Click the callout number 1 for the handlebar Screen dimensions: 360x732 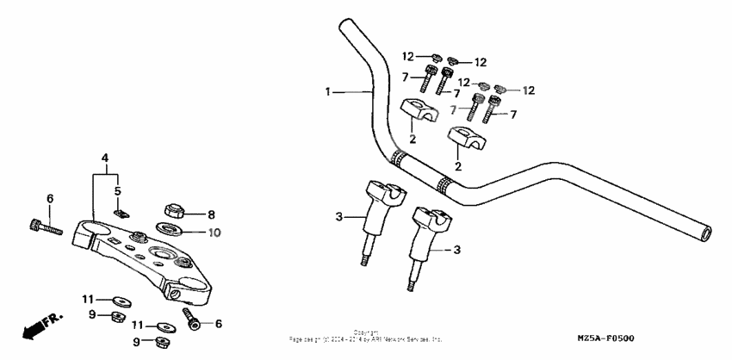coord(328,90)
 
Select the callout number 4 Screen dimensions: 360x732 coord(104,158)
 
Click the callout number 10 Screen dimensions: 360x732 coord(214,232)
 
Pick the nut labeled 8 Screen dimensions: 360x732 coord(173,212)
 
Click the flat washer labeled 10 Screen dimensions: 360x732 coord(170,229)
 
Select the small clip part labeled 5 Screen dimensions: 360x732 coord(122,212)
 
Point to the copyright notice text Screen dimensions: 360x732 coord(366,337)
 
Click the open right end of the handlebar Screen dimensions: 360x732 coord(706,233)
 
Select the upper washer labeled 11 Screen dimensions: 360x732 coord(119,301)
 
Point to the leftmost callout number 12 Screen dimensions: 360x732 coord(409,57)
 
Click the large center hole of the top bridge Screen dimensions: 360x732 coord(163,253)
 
